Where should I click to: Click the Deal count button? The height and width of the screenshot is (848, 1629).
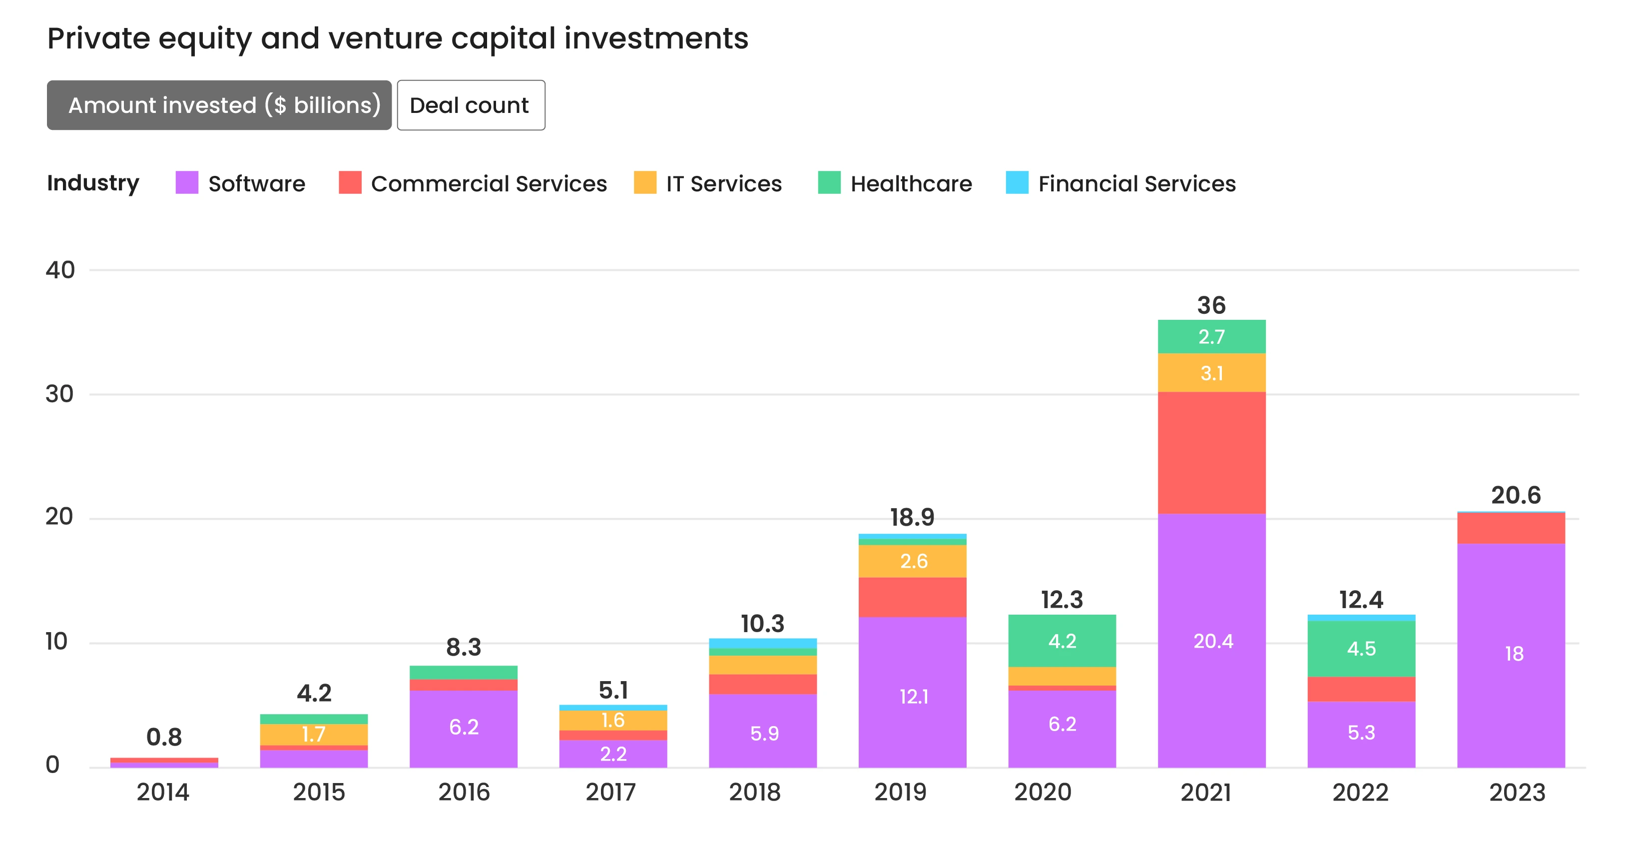tap(471, 105)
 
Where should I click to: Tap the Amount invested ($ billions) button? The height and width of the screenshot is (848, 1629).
tap(219, 105)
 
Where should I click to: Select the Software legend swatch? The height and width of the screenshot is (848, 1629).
tap(186, 183)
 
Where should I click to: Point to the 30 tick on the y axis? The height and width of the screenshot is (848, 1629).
tap(59, 394)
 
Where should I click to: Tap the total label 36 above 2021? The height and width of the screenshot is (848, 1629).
tap(1211, 305)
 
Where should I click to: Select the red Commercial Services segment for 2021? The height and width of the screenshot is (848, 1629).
tap(1211, 452)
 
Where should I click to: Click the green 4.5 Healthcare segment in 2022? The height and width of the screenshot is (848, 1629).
tap(1361, 648)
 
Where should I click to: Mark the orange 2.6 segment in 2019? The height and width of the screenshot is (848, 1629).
tap(913, 561)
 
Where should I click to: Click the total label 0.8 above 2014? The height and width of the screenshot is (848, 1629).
tap(164, 737)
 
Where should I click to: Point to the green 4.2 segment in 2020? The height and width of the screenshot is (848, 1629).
tap(1062, 641)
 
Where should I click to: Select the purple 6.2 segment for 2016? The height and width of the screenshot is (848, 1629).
tap(463, 727)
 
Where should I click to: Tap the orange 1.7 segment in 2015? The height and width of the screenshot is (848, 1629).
tap(314, 734)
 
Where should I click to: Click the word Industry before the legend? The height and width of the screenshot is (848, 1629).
tap(93, 183)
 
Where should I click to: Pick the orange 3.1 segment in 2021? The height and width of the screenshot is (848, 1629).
tap(1211, 373)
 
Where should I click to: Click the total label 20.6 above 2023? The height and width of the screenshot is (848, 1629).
tap(1515, 495)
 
